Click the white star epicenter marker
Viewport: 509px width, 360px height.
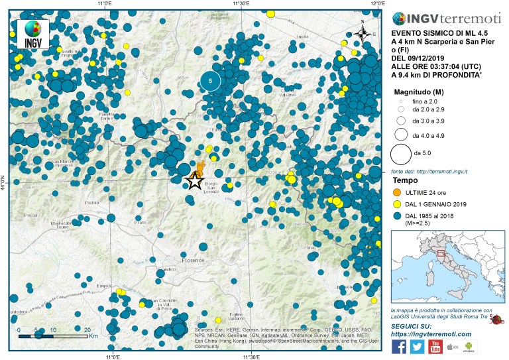coord(194,180)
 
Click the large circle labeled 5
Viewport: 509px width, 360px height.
coord(211,81)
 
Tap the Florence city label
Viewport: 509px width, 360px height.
coord(194,261)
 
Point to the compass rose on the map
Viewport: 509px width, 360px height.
coord(363,33)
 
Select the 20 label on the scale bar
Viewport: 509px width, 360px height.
coord(87,330)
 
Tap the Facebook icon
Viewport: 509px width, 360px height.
coord(400,346)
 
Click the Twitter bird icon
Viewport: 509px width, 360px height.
coord(417,346)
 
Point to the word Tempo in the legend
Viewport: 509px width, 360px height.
coord(404,180)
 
